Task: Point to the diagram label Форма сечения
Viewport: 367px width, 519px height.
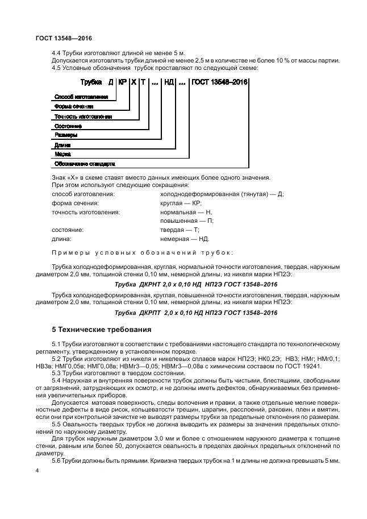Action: tap(73, 106)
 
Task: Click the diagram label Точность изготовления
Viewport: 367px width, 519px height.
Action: tap(82, 116)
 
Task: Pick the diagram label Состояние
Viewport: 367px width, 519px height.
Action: tap(68, 126)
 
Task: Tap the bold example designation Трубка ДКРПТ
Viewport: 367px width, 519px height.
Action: tap(196, 312)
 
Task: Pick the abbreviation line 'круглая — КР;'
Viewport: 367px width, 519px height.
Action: tap(181, 203)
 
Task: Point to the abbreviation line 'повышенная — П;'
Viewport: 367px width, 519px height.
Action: tap(187, 221)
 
